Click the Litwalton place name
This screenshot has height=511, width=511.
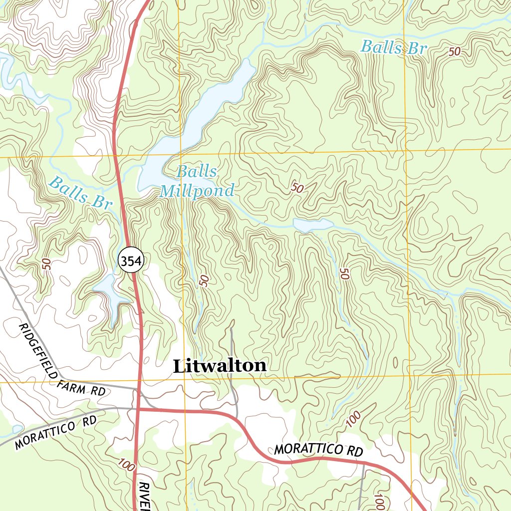(220, 366)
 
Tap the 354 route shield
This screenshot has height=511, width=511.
(131, 260)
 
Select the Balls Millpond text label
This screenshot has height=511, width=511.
(197, 182)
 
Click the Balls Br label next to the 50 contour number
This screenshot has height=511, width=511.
(394, 47)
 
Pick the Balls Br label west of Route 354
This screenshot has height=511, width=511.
(80, 193)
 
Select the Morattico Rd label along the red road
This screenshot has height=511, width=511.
(318, 450)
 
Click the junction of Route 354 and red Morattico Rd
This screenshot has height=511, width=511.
(138, 409)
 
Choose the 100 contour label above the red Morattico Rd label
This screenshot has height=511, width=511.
(353, 419)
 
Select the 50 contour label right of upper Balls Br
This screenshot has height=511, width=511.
(454, 51)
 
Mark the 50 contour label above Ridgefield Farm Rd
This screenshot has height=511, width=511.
(47, 264)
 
